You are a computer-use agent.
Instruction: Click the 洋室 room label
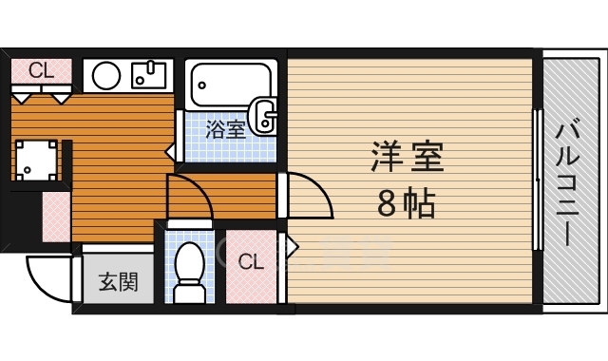(408, 158)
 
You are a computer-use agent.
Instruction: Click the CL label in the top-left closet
(40, 69)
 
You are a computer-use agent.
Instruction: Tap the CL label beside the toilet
(250, 261)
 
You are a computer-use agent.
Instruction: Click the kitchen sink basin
(149, 74)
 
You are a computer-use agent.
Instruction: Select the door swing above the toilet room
(190, 197)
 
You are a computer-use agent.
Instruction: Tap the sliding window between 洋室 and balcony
(537, 180)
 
